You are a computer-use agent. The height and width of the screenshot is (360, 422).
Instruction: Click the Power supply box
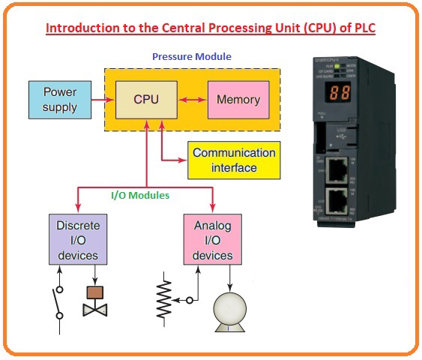pos(59,100)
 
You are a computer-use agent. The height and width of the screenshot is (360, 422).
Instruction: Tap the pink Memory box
pos(238,100)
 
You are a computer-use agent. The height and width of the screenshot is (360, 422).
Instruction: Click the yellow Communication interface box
pos(234,160)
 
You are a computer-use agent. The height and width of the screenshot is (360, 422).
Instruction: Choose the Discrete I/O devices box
pos(78,240)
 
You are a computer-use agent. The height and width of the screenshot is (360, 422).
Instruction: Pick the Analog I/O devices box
pos(212,240)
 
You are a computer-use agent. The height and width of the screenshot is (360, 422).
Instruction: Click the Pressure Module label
pos(191,57)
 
